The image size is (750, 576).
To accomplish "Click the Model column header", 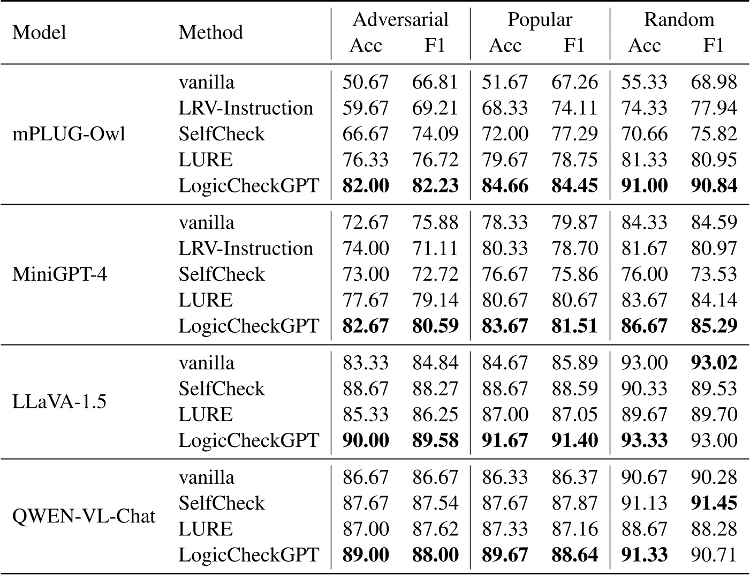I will (39, 32).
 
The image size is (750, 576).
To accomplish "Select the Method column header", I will (210, 32).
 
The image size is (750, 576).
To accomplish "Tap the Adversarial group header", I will (400, 20).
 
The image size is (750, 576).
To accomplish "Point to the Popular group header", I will (540, 20).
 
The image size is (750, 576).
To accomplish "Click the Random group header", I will (679, 20).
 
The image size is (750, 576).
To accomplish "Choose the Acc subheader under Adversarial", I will (366, 46).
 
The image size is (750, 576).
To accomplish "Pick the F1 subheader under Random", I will (713, 46).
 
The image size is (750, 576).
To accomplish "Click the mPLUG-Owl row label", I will (69, 134).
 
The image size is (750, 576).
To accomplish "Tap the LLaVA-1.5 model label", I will (58, 401).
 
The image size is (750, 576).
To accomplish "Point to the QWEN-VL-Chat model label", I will (84, 516).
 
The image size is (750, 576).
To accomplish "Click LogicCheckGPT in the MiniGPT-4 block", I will (248, 326).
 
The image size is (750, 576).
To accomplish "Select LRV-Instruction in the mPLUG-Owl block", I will (246, 108).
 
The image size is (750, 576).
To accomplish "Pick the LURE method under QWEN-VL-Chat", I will (206, 529).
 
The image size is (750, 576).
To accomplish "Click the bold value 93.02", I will (714, 363).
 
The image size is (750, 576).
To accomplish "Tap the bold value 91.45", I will (714, 503).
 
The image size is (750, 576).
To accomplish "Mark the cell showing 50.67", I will (366, 83).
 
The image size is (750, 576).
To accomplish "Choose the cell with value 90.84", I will (714, 186).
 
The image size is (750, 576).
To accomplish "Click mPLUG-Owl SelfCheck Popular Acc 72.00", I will (505, 134).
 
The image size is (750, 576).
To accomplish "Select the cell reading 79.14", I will (435, 300).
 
